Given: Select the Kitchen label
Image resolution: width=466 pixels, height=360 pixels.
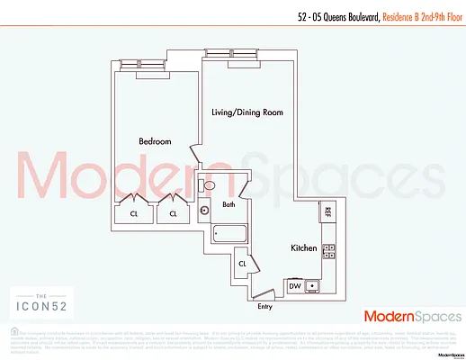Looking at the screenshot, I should pos(301,247).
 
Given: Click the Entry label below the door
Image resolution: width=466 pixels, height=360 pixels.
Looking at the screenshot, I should pos(264,307).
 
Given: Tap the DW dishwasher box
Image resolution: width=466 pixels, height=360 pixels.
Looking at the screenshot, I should pos(293,286).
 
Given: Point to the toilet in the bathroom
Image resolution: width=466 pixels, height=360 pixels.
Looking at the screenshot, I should pos(210,186).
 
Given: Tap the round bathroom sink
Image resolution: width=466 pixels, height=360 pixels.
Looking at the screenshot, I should pos(205,211).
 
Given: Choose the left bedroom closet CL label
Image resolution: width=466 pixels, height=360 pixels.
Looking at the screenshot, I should pos(133,214).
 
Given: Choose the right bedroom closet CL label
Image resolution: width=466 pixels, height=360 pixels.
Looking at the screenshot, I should pos(172,214).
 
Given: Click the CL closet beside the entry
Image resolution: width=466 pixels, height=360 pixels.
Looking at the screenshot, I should pos(242,264).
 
